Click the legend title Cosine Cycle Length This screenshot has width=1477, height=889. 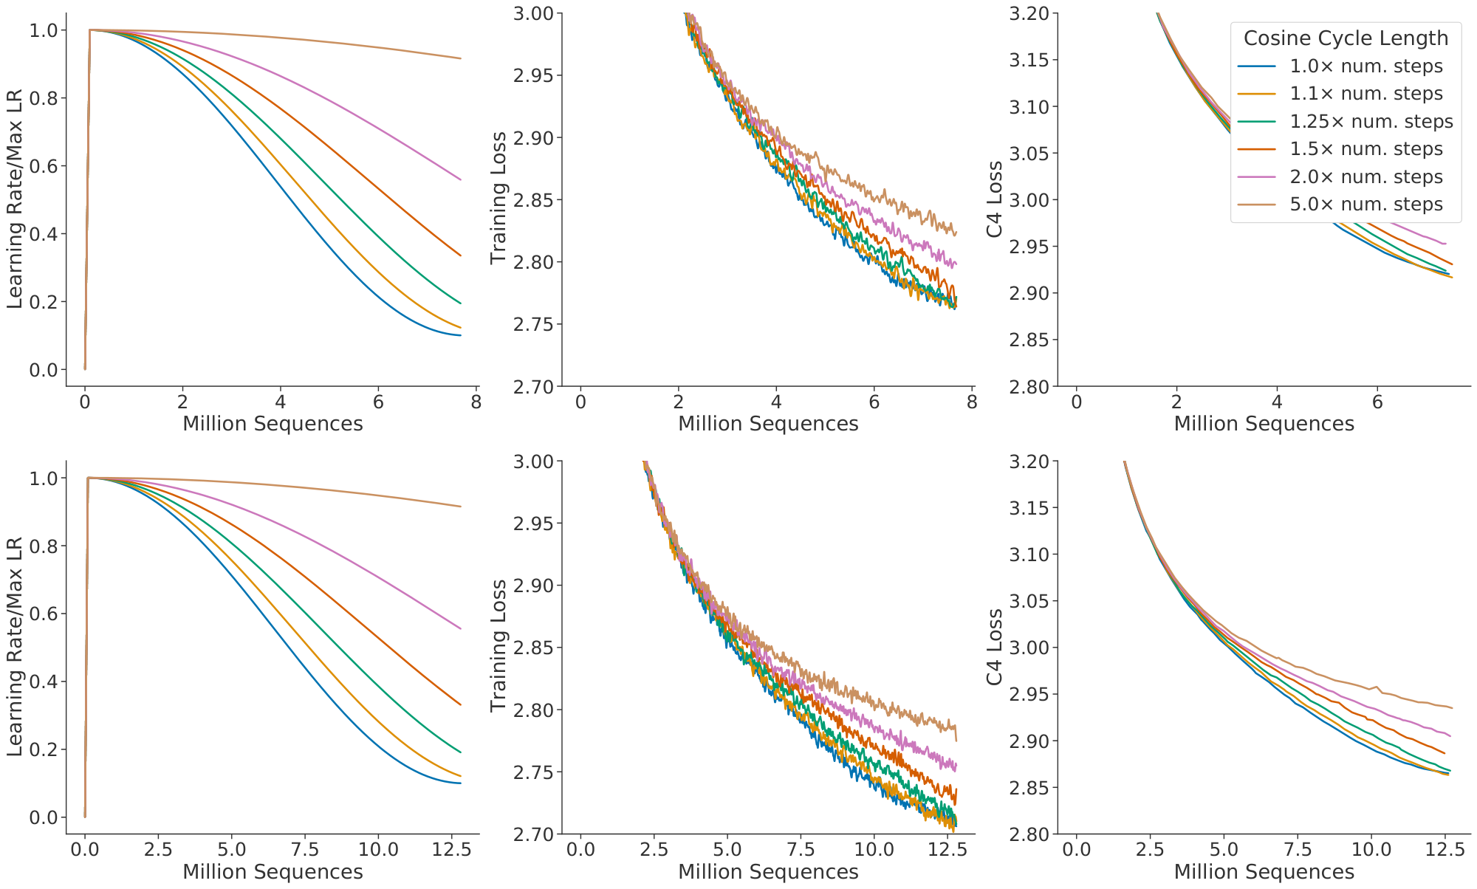[x=1346, y=38]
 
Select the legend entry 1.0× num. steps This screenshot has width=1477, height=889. [x=1365, y=66]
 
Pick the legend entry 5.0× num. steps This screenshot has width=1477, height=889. [x=1365, y=205]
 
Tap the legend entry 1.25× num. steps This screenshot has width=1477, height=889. [x=1371, y=122]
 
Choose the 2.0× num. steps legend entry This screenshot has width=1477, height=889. [x=1365, y=177]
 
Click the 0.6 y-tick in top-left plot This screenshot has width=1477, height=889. [x=44, y=166]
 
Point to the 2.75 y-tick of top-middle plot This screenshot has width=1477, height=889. [x=535, y=324]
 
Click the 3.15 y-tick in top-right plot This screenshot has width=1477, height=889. [x=1030, y=60]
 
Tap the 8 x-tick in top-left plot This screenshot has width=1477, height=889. [x=476, y=402]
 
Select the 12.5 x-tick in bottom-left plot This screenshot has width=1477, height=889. [x=452, y=849]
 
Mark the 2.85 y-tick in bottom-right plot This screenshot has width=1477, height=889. [x=1030, y=788]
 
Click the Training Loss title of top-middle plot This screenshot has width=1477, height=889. [x=499, y=198]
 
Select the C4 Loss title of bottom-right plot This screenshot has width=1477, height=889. [x=995, y=647]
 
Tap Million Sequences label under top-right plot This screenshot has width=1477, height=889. [x=1264, y=424]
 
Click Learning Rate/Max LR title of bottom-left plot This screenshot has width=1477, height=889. [x=15, y=647]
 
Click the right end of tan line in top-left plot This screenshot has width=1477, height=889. [x=461, y=58]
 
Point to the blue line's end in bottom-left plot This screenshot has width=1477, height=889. [x=461, y=783]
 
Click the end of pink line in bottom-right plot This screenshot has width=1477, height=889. [x=1450, y=735]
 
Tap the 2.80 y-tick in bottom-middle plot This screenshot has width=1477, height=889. [x=535, y=710]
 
